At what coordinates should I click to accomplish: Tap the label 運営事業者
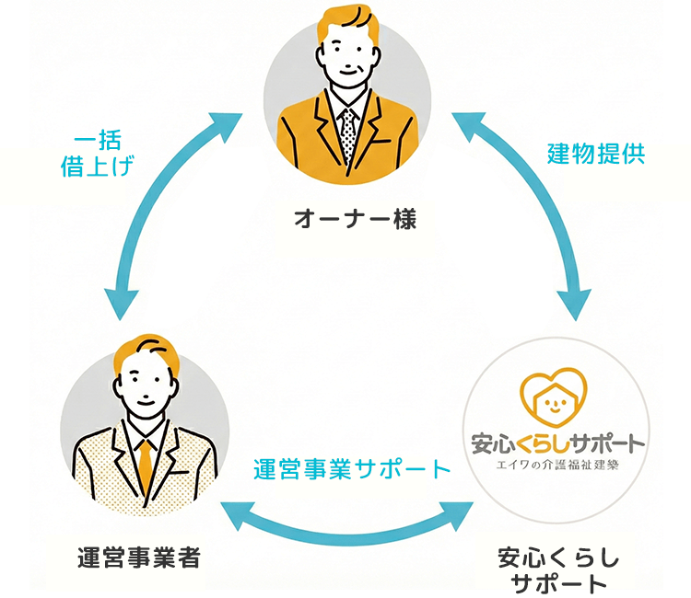(x=139, y=558)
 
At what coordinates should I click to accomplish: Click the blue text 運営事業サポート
(x=352, y=468)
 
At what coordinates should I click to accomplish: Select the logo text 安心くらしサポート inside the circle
(x=557, y=443)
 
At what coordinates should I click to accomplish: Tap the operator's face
(x=147, y=386)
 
